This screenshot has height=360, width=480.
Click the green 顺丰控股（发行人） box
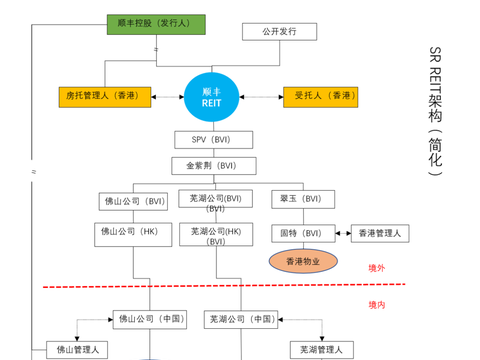(x=156, y=24)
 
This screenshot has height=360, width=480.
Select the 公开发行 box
(x=279, y=32)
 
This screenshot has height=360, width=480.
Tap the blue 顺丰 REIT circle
(x=212, y=97)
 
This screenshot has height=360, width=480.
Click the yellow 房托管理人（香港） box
(x=104, y=97)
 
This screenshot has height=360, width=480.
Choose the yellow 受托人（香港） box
(x=320, y=97)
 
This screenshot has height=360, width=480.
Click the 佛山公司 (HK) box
(x=133, y=234)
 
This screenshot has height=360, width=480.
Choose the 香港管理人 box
(x=380, y=234)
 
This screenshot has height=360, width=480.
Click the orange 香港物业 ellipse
(x=303, y=262)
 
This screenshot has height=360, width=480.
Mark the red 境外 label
(x=377, y=268)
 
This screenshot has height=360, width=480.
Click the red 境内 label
(x=377, y=305)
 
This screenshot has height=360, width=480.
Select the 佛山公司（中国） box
(x=151, y=320)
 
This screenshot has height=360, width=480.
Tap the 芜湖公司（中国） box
(x=242, y=320)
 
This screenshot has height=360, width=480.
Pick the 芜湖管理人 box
(x=322, y=350)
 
